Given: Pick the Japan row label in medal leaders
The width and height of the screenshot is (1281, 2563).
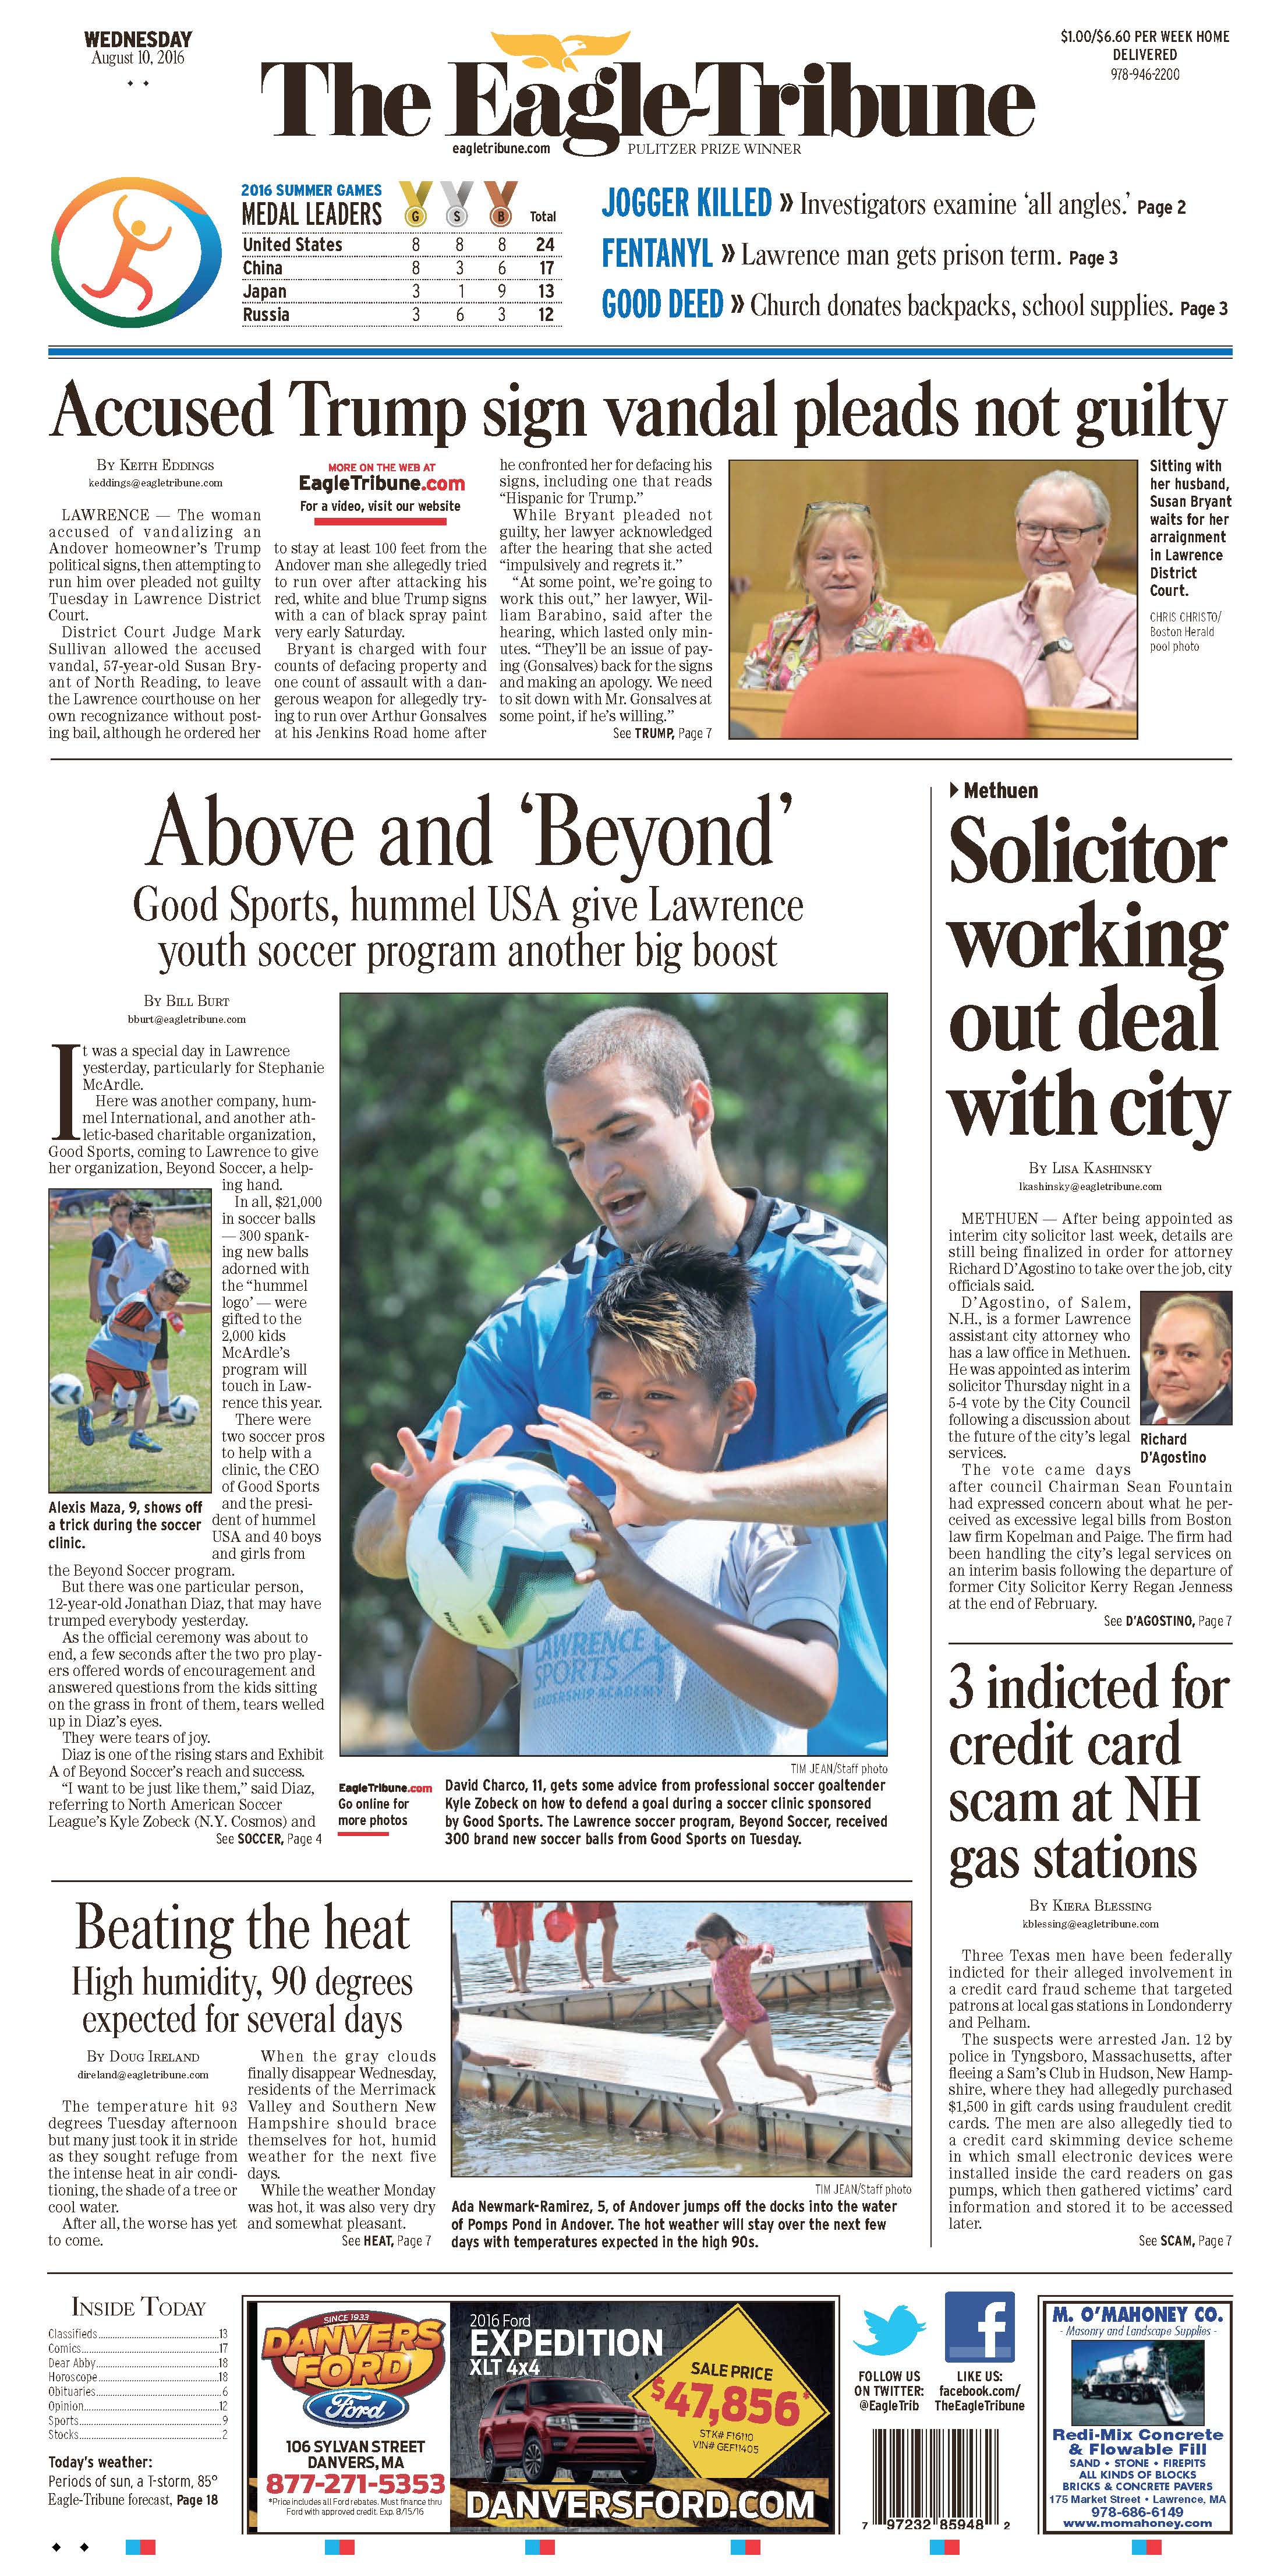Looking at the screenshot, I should click(x=264, y=291).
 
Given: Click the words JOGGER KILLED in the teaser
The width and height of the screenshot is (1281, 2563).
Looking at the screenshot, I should click(x=686, y=204).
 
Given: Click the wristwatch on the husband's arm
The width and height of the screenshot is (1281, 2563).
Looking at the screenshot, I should click(x=1058, y=647).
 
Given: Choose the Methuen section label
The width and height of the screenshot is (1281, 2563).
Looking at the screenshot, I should click(x=1000, y=791).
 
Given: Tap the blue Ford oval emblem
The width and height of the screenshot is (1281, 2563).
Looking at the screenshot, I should click(x=354, y=2411).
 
